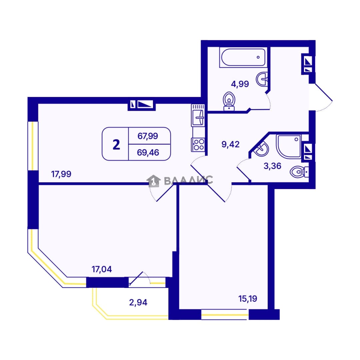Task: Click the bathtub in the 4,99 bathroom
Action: click(243, 57)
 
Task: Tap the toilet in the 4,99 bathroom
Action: click(229, 101)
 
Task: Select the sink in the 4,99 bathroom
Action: click(262, 79)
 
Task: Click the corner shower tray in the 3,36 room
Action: click(288, 146)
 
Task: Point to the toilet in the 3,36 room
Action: click(299, 172)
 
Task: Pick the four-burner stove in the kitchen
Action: click(198, 145)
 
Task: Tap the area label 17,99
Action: click(61, 174)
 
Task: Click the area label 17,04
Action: click(102, 269)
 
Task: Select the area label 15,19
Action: click(248, 299)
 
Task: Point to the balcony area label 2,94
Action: click(138, 302)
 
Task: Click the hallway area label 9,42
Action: click(231, 144)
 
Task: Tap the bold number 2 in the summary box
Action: click(116, 145)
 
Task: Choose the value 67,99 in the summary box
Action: click(148, 136)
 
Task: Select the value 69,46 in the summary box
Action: click(148, 152)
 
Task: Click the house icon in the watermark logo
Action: click(153, 181)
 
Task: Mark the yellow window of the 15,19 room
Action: click(225, 314)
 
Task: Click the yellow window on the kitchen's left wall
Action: click(33, 146)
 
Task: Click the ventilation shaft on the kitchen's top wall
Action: click(142, 104)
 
